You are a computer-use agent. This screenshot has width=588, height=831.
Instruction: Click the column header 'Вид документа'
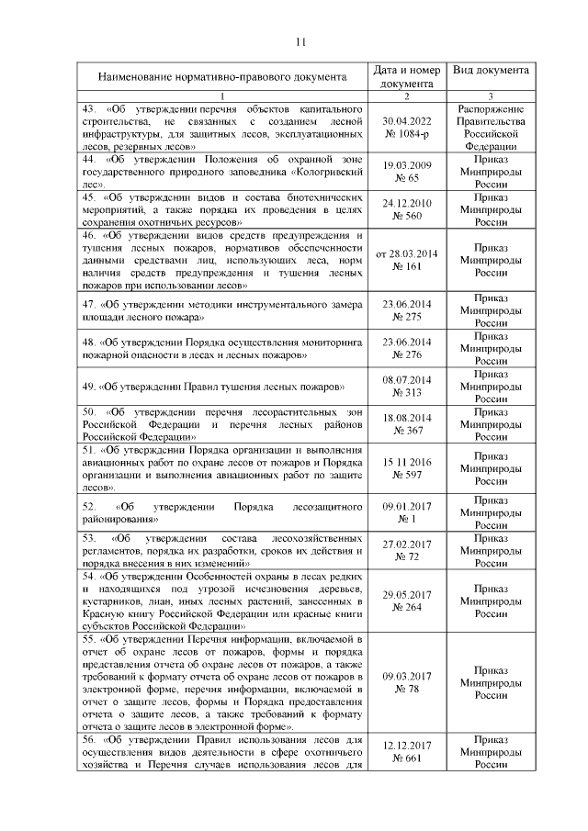pyautogui.click(x=491, y=70)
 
